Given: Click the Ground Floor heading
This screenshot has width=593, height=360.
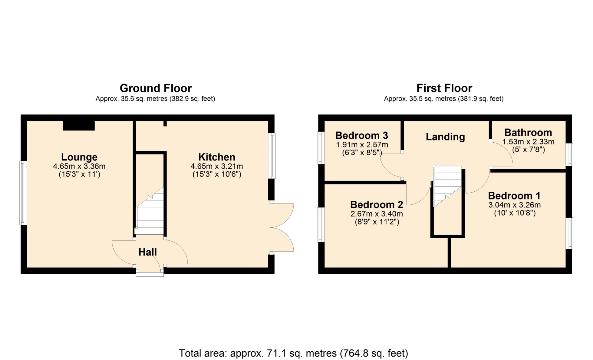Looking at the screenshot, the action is (156, 88).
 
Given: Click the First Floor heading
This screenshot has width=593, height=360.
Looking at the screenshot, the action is (444, 88).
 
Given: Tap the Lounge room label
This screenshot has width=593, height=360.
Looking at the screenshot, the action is (79, 157).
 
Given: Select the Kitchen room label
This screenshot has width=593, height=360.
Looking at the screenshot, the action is (217, 157).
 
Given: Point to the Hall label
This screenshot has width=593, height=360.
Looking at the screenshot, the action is (148, 252).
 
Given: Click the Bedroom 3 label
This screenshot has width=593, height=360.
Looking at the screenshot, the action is (362, 135).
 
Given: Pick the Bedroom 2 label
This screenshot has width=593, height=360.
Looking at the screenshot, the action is (377, 204).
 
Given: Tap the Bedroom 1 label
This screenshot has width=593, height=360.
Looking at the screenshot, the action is (514, 195).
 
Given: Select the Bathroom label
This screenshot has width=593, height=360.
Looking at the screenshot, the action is (528, 132).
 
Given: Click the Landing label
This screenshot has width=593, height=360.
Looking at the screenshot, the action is (445, 137).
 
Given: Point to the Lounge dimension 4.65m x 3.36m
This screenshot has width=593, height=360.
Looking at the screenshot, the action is (79, 166).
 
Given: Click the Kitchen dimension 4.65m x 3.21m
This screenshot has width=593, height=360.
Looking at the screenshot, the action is (217, 166).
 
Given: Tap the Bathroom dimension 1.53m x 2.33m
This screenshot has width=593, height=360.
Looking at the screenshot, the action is (528, 142).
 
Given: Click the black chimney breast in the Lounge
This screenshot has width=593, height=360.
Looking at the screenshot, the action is (79, 125).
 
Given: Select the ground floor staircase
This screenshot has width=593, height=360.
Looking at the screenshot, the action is (150, 211).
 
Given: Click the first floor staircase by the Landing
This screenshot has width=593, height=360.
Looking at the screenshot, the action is (447, 186).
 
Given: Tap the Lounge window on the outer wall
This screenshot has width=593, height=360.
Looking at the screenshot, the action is (23, 193).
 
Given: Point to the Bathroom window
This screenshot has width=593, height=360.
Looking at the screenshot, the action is (569, 154).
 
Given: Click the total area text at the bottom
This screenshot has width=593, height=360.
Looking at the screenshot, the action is (293, 353).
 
